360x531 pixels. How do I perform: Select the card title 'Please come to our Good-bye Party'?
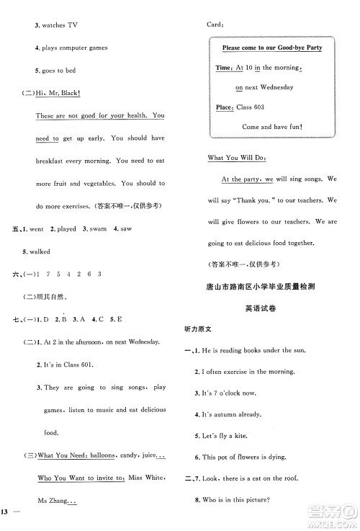click(271, 48)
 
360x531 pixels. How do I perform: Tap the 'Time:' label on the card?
click(224, 68)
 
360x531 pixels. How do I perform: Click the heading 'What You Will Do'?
click(236, 157)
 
